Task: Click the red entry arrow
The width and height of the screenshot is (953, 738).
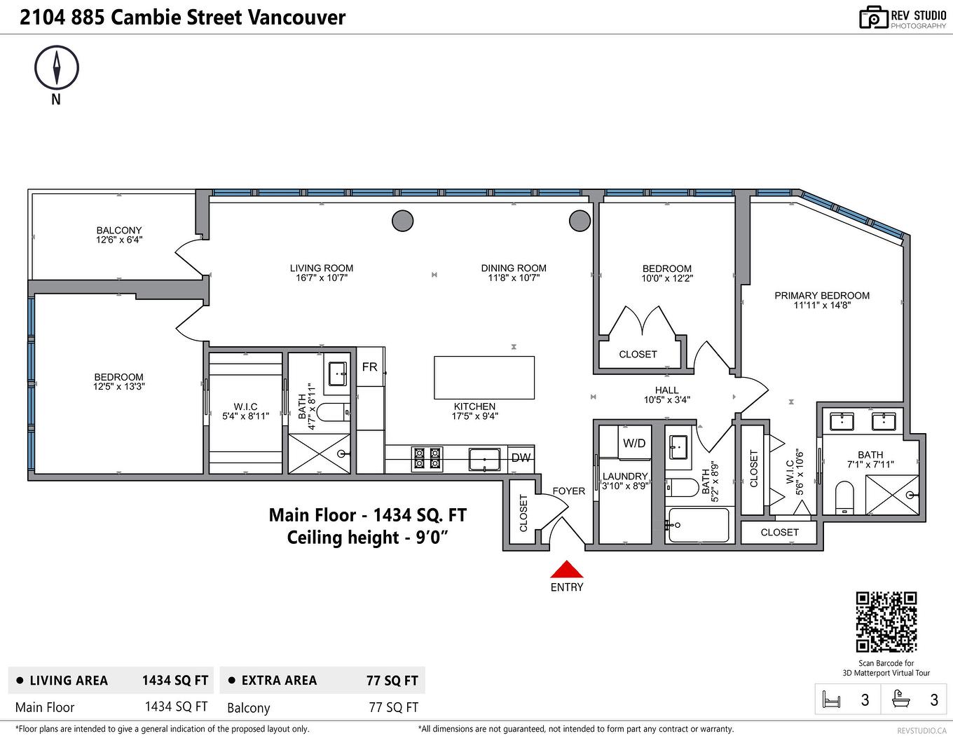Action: (566, 569)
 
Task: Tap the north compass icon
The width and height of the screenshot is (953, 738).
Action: (57, 68)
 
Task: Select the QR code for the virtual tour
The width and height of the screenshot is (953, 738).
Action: (886, 622)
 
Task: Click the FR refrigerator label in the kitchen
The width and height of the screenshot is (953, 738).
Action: (369, 367)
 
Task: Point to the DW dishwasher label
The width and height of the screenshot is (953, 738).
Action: (521, 458)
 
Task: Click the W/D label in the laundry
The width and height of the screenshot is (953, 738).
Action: (634, 444)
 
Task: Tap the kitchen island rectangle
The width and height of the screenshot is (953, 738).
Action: (484, 377)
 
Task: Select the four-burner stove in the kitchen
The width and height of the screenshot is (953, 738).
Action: (427, 458)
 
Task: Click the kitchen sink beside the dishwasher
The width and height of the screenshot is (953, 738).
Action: (484, 460)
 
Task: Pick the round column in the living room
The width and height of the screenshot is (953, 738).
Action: (402, 221)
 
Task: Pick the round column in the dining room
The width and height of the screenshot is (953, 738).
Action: (580, 221)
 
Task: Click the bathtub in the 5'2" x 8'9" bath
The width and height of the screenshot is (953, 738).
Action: (699, 525)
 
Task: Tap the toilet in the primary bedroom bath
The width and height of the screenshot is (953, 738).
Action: (845, 498)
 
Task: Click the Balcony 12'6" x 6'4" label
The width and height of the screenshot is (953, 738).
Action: (119, 235)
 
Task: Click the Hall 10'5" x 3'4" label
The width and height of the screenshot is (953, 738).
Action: (666, 395)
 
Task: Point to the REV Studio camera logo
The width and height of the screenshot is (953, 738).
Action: (873, 18)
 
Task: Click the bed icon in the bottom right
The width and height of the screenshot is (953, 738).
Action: (832, 699)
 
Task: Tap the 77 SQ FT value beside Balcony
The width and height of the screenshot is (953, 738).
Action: (393, 707)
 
